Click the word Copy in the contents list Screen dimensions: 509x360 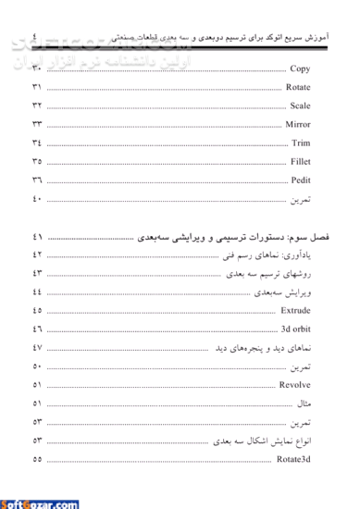[x=299, y=68]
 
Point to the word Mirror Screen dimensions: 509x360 [x=297, y=124]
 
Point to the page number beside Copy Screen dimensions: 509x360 [x=37, y=68]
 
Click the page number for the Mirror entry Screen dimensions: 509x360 [x=37, y=124]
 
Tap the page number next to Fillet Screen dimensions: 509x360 [x=37, y=162]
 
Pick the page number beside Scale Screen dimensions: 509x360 [x=37, y=106]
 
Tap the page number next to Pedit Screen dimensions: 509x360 [x=37, y=180]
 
